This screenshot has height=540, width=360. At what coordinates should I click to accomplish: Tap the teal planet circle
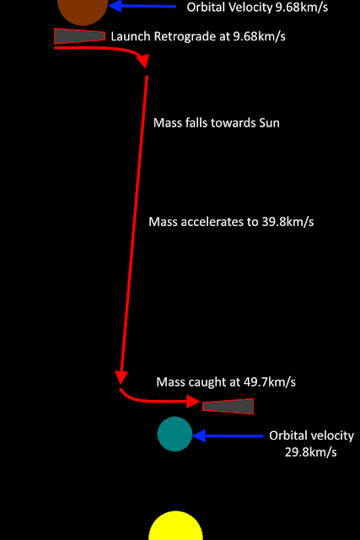pos(175,434)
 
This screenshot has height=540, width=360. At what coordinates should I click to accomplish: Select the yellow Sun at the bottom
pos(175,526)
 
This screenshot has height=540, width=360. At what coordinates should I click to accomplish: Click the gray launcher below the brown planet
pos(79,36)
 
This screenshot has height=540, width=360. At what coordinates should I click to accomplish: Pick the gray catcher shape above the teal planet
pos(228,407)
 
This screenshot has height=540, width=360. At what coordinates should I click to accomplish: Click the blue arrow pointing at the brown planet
pos(142,6)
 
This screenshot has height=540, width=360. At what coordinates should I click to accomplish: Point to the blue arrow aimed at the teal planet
pos(228,436)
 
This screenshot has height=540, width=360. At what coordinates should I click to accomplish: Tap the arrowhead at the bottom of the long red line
pos(121,377)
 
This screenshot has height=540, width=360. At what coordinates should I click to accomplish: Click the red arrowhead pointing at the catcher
pos(193,402)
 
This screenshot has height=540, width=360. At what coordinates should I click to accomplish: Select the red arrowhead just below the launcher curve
pos(143,61)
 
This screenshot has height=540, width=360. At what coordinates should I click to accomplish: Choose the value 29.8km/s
pos(311,452)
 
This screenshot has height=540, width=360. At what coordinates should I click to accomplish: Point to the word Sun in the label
pos(270,123)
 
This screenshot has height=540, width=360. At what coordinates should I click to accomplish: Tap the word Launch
pos(131,36)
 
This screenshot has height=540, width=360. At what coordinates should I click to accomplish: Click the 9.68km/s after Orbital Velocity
pos(302,7)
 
